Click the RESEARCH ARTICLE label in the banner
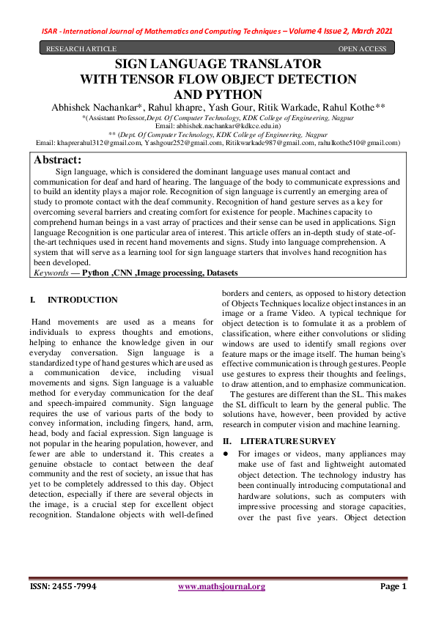tap(81, 49)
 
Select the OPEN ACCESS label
tap(362, 49)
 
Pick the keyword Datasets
tap(217, 273)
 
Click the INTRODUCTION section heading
tap(82, 300)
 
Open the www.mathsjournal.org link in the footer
tap(221, 586)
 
